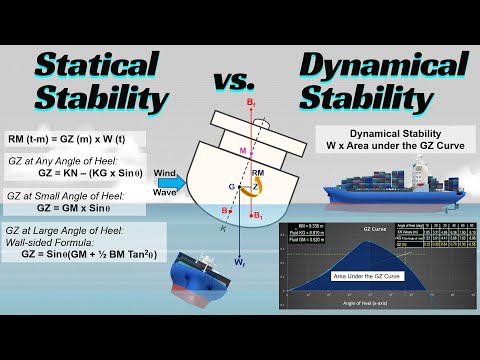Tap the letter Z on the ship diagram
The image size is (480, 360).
pyautogui.click(x=255, y=185)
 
